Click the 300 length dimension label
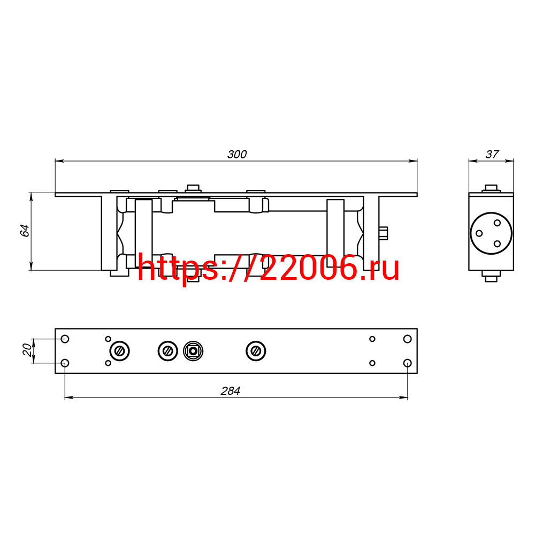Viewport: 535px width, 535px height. point(237,154)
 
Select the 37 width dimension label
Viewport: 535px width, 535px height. point(492,154)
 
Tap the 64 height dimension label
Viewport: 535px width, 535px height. point(25,231)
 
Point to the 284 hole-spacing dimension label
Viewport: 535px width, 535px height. point(230,391)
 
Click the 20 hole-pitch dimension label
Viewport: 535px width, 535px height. point(27,350)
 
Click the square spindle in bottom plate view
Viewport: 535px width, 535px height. point(193,351)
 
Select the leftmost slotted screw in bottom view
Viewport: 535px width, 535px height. point(119,351)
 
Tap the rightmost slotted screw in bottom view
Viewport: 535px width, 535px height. point(256,351)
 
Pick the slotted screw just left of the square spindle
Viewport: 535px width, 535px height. point(168,351)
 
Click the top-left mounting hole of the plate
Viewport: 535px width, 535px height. point(65,339)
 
